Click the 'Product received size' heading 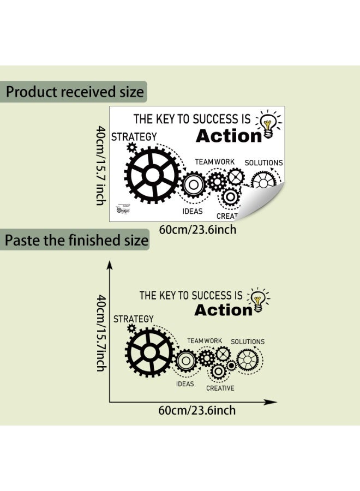point(75,91)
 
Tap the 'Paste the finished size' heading point(77,240)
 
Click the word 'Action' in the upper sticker point(229,136)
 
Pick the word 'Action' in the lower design point(224,310)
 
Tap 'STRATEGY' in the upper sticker point(134,136)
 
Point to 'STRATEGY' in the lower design point(134,319)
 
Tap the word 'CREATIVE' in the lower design point(220,388)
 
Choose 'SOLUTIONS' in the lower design point(247,342)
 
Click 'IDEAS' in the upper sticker point(192,211)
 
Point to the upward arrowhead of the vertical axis point(109,266)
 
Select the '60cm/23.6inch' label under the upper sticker point(197,229)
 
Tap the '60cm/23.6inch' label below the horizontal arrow point(197,410)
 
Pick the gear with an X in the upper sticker point(235,177)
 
